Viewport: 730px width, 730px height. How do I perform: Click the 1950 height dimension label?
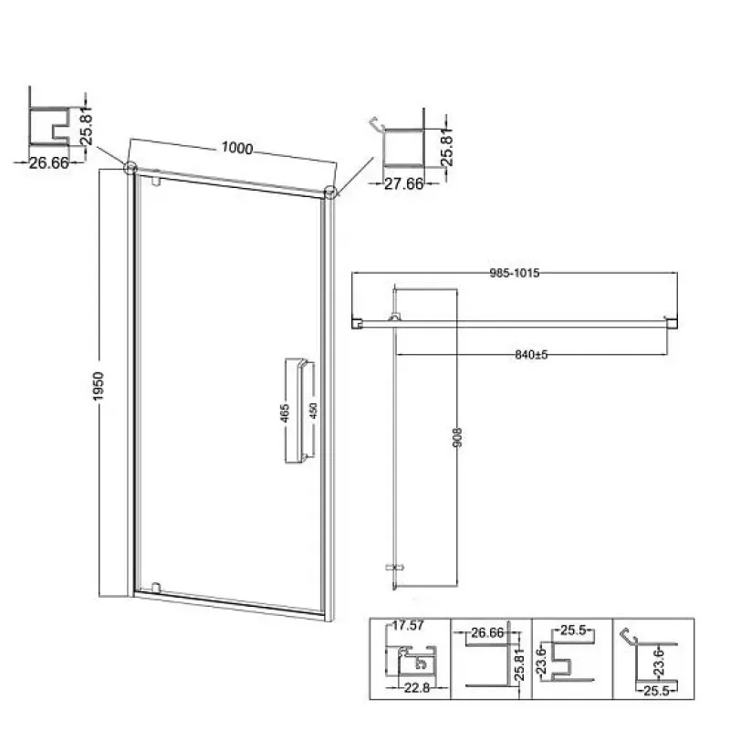coord(99,386)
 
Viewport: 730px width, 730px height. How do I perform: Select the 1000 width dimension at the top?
coord(237,148)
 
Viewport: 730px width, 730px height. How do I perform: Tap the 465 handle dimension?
coord(285,412)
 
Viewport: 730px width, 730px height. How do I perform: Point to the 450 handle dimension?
coord(313,411)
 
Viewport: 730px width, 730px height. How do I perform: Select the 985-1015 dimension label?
coord(515,273)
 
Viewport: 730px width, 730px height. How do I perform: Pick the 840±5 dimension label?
coord(531,355)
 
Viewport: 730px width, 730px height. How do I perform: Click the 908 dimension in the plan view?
coord(458,438)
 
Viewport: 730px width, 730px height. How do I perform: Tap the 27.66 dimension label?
coord(403,184)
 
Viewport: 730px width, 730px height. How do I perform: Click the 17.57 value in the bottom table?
coord(408,625)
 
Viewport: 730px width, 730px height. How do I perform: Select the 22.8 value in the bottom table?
coord(417,688)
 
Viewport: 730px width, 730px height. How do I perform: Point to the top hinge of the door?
coord(156,181)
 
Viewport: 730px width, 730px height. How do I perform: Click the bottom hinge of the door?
coord(156,587)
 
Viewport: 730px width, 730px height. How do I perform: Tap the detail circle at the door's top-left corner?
coord(130,167)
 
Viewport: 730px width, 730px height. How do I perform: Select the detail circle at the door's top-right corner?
coord(330,192)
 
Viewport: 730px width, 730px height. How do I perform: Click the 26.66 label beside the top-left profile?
coord(49,163)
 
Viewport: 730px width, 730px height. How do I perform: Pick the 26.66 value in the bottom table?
coord(487,632)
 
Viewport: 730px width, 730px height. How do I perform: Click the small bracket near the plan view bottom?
coord(395,568)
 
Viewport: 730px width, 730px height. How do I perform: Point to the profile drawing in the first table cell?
coord(412,660)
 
